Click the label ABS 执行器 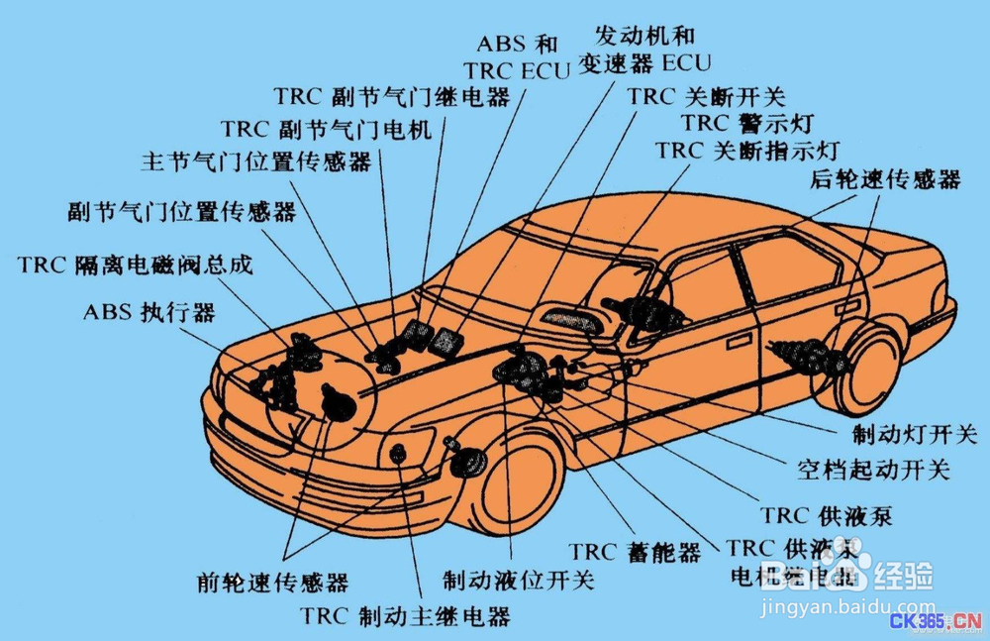pos(148,313)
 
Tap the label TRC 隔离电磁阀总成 pos(136,266)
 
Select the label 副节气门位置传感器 pos(182,212)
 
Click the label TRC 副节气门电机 pos(327,130)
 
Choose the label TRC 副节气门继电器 pos(392,97)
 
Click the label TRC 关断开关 pos(706,97)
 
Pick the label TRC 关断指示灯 pos(746,152)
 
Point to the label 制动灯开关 pos(914,435)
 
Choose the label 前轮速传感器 pos(272,582)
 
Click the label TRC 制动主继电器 pos(406,617)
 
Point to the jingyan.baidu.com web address pos(849,606)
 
